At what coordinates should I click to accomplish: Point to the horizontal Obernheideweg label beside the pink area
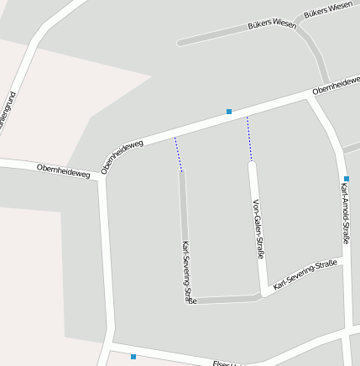pos(63,171)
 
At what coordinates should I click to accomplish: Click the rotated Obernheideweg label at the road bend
pos(122,156)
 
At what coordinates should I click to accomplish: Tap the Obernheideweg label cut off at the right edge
pos(336,85)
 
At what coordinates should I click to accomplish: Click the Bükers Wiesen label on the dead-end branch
pos(272,25)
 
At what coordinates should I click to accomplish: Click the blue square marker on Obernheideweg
pos(228,111)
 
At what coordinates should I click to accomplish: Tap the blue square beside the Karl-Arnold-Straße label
pos(346,178)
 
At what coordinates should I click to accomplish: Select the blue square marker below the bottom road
pos(133,357)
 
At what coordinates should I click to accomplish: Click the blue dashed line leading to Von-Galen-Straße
pos(249,139)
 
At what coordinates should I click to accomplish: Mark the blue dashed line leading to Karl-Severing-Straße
pos(178,154)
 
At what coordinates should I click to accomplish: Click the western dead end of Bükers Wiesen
pos(180,42)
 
